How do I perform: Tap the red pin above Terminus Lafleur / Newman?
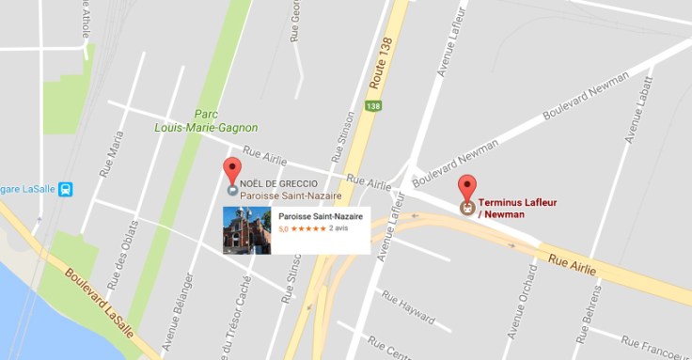pos(465,186)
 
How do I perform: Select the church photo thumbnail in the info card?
pos(246,230)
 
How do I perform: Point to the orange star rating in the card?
pos(308,228)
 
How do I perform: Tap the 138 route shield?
pos(373,107)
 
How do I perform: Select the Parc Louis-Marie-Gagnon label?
pos(206,121)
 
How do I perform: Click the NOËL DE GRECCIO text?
pos(278,183)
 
